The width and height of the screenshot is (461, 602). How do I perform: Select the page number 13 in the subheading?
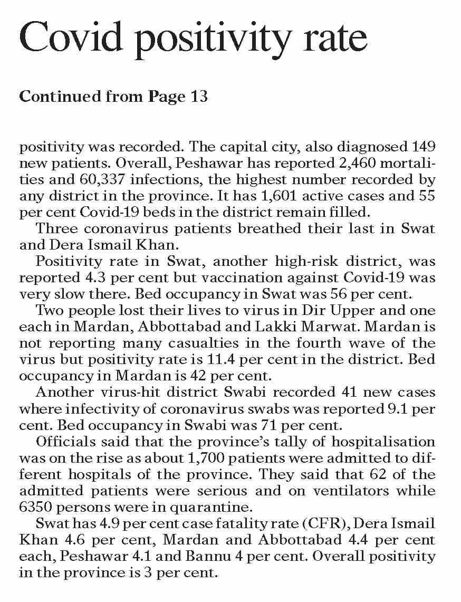point(198,97)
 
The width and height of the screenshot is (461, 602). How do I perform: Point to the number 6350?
point(37,507)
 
